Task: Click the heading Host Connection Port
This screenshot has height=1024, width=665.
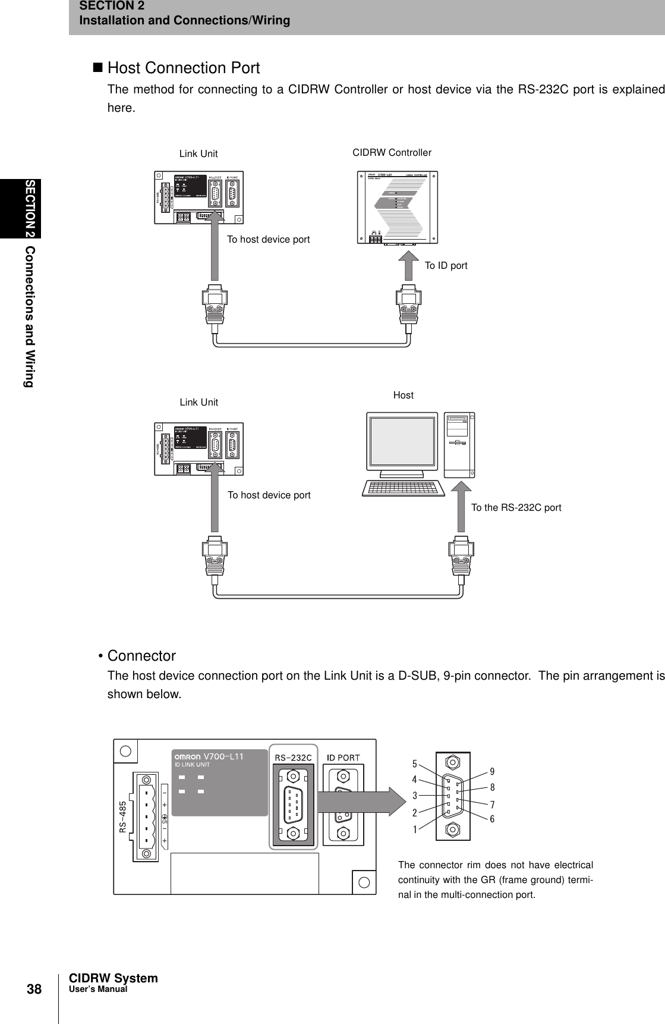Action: (183, 68)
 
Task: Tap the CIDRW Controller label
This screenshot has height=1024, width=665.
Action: (392, 153)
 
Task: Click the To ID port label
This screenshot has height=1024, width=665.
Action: (446, 266)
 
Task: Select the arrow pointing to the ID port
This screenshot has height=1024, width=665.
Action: (408, 265)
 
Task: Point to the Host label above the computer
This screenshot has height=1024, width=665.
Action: (403, 395)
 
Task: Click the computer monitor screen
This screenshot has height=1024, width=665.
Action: (403, 442)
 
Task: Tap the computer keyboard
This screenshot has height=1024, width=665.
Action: (404, 488)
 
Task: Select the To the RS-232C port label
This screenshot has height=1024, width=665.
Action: (516, 508)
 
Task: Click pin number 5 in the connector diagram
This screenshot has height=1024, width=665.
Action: (415, 762)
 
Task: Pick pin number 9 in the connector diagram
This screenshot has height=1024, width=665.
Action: (492, 772)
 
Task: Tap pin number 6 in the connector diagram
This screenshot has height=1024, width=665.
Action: (492, 819)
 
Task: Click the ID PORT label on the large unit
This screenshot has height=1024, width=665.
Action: (343, 757)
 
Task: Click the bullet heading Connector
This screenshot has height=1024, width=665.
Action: (141, 656)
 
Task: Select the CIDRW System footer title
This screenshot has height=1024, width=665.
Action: (114, 978)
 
